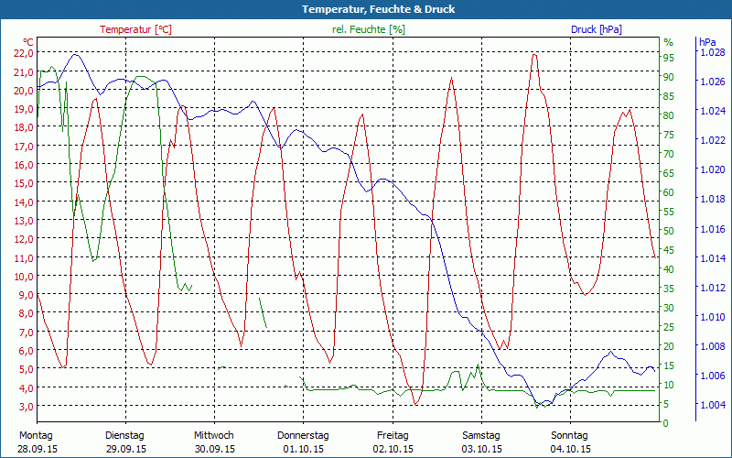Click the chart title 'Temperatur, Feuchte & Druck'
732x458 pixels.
366,9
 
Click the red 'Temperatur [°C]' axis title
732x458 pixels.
135,29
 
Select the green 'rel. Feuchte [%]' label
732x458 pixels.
368,29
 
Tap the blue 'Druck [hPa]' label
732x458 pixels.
596,29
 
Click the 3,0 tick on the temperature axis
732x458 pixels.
24,406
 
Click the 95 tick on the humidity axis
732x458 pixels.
668,58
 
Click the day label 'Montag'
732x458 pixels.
37,435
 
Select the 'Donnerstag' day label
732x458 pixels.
303,435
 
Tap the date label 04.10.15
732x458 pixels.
570,449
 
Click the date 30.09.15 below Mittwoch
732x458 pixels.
214,449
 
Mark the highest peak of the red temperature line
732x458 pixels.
533,54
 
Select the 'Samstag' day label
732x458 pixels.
481,435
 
